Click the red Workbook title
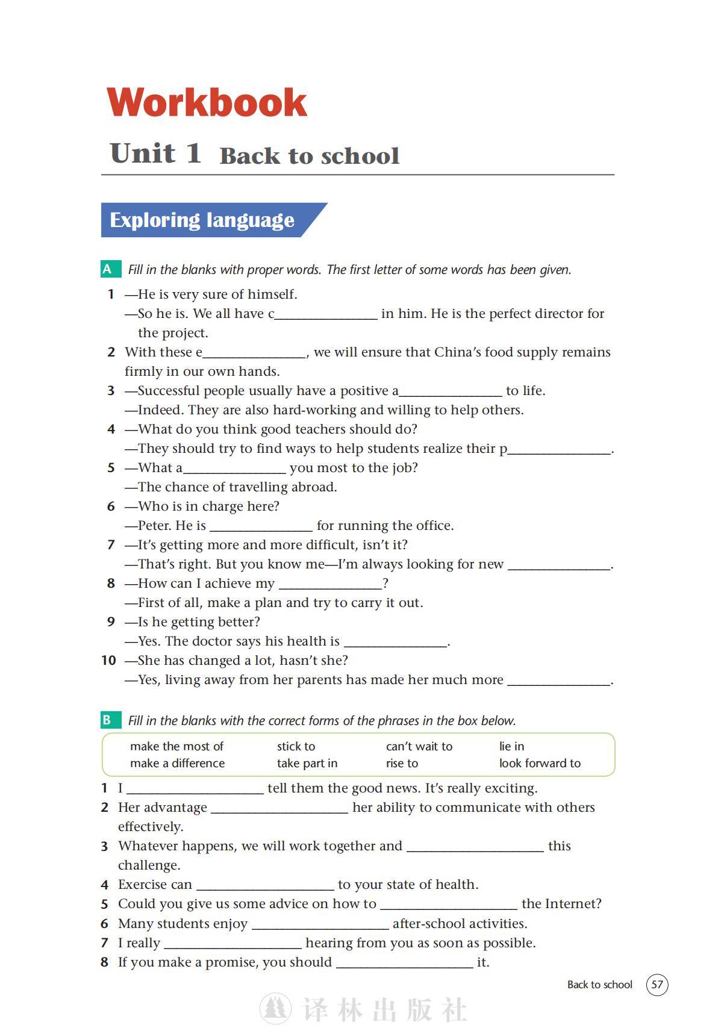click(207, 102)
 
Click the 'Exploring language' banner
click(202, 220)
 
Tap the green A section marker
click(108, 269)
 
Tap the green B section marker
click(108, 720)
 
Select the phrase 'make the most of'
click(176, 746)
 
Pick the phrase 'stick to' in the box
click(296, 746)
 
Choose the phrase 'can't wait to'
click(419, 746)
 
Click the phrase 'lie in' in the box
click(511, 746)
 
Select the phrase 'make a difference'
click(177, 763)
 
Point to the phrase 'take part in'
click(307, 763)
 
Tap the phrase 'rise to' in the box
click(402, 763)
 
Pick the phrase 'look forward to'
click(540, 763)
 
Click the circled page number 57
click(657, 985)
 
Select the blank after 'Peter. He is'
click(261, 526)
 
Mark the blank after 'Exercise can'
click(265, 885)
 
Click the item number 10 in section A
click(108, 661)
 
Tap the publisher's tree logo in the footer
click(275, 1009)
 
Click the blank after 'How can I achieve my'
click(331, 584)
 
